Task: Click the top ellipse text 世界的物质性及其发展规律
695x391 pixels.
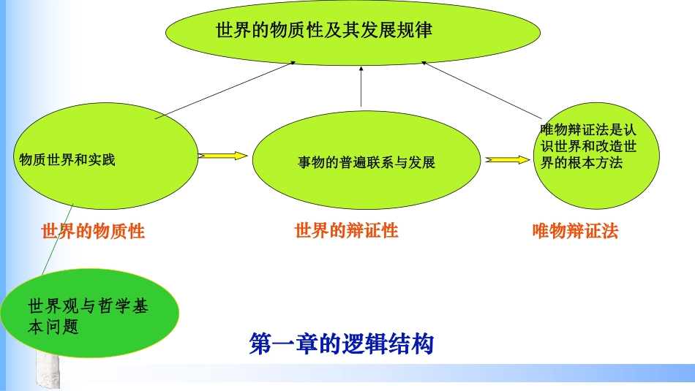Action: [324, 30]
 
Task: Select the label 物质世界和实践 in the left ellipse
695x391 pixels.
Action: [67, 159]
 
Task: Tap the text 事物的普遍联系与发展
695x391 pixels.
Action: [366, 162]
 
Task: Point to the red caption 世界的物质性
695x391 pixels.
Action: [93, 231]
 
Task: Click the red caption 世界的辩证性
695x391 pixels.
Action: [347, 231]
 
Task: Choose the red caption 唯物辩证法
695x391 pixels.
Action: [575, 231]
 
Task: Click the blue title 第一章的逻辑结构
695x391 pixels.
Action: [342, 343]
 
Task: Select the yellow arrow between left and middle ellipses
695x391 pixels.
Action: [222, 156]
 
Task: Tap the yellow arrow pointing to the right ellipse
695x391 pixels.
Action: [508, 159]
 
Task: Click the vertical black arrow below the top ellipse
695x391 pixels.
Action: [361, 86]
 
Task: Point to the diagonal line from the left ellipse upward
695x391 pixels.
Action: [225, 91]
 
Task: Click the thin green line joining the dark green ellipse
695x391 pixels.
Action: [58, 239]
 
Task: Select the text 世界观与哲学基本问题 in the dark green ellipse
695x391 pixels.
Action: [88, 316]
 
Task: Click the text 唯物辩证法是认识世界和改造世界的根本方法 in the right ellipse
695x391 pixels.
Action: [588, 146]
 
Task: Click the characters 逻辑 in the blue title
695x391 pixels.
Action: [364, 343]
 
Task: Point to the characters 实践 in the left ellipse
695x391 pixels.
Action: [102, 159]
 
